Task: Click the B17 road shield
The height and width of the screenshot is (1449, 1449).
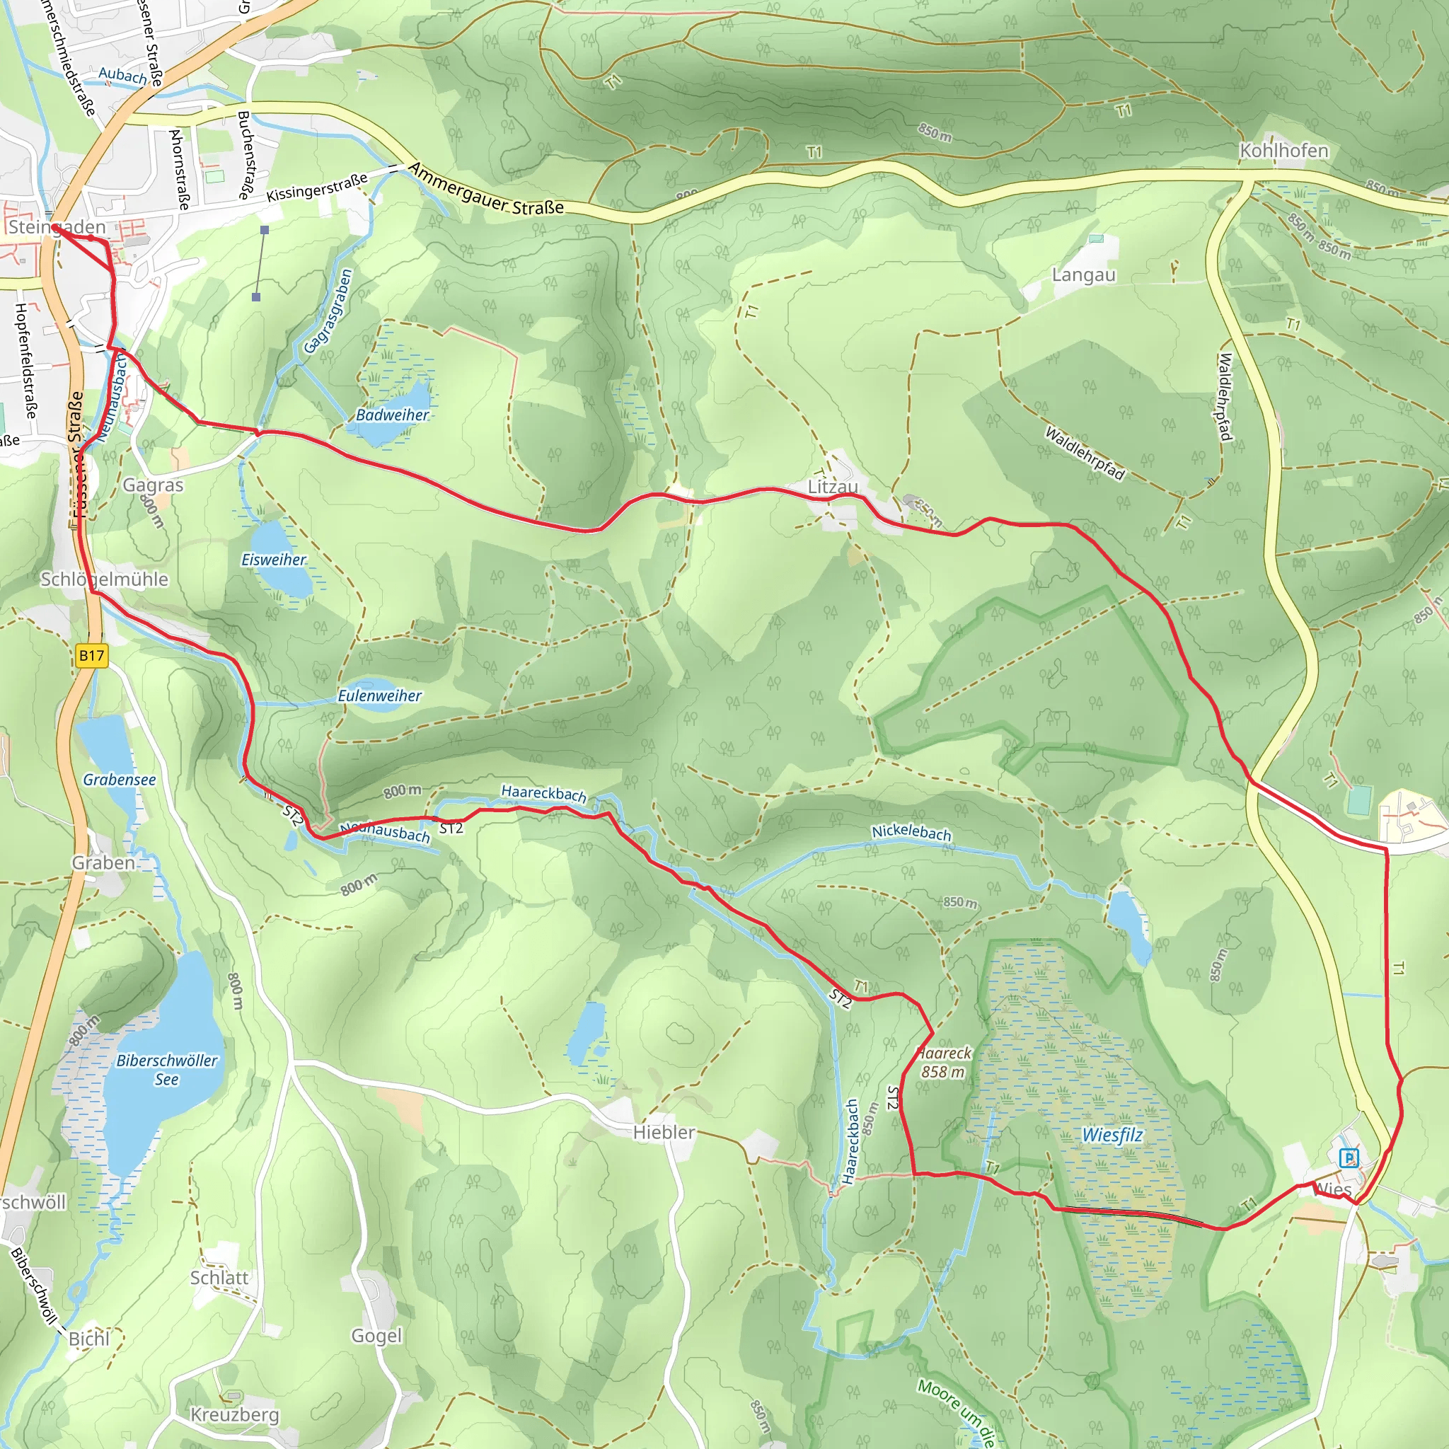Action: click(x=91, y=655)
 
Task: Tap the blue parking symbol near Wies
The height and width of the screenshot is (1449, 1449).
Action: click(x=1349, y=1158)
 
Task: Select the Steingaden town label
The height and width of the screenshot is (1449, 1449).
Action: click(x=57, y=226)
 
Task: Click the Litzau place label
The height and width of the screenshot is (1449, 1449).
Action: click(x=833, y=487)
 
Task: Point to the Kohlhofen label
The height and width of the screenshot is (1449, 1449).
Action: click(x=1283, y=151)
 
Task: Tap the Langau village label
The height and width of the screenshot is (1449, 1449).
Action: click(x=1083, y=275)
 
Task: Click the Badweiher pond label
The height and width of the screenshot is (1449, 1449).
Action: click(x=392, y=415)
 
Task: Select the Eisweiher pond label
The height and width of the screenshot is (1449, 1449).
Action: click(x=274, y=560)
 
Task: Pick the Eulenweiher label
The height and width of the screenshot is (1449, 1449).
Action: click(x=379, y=695)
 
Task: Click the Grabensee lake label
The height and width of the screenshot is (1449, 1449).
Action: click(x=120, y=779)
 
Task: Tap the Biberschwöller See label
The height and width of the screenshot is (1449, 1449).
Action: click(x=166, y=1070)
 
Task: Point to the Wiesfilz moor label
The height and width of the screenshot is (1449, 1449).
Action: click(x=1112, y=1135)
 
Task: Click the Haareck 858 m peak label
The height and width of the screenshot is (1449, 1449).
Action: click(x=944, y=1063)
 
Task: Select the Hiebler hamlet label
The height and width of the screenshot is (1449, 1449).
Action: click(x=664, y=1133)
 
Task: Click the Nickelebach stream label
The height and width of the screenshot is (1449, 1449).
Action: click(x=911, y=833)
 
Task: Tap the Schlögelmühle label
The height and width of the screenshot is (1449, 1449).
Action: click(x=104, y=579)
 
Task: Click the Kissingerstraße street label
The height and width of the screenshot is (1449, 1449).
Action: click(x=316, y=187)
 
